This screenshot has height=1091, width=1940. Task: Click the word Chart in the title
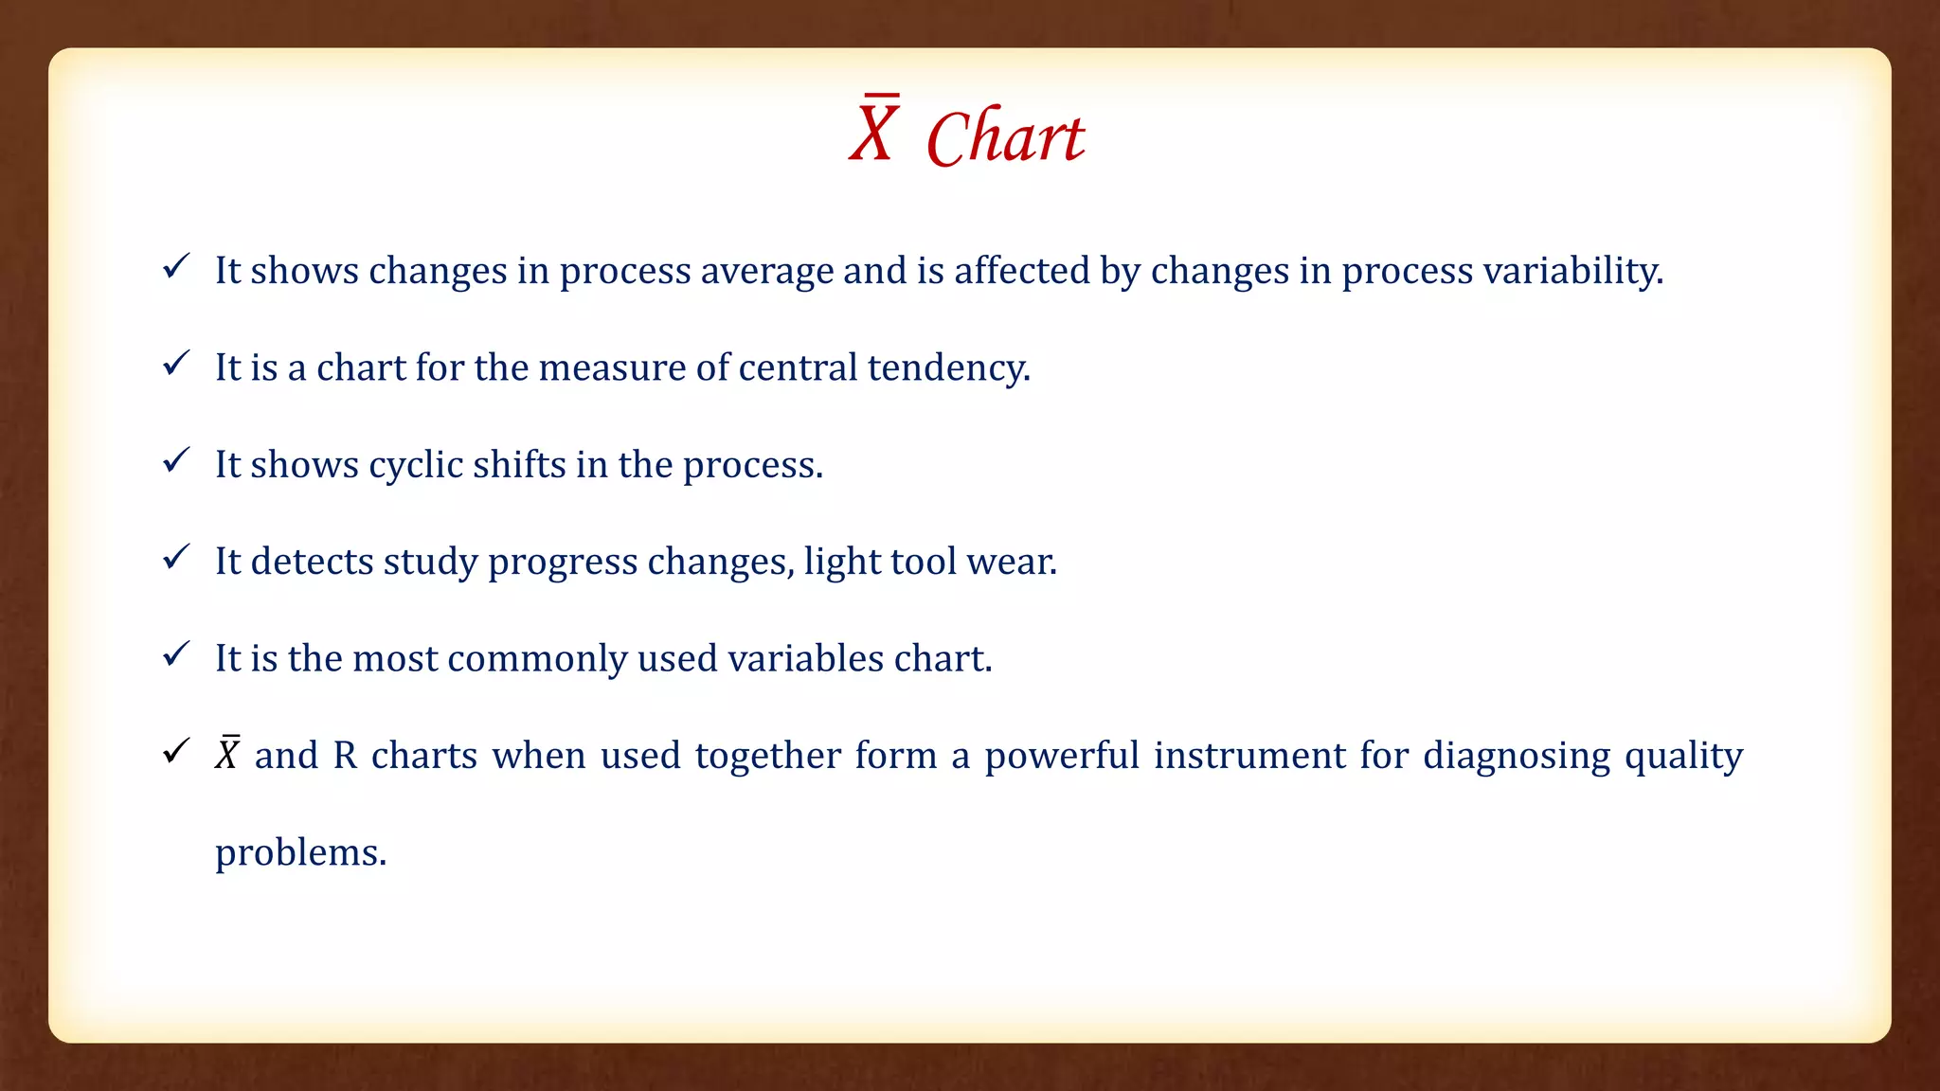1005,138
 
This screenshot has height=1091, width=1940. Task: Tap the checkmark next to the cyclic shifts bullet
176,460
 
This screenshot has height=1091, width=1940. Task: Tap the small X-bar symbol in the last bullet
227,755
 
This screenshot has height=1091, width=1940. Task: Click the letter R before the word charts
345,756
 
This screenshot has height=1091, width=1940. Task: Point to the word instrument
1249,756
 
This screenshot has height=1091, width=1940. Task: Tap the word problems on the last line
300,853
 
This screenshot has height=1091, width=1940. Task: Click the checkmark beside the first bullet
176,266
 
